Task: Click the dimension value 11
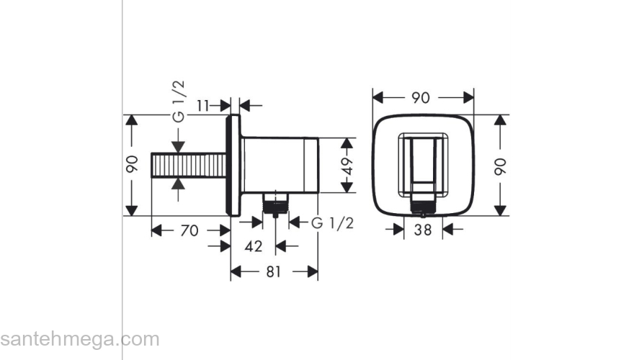tap(203, 106)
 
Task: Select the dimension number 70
tap(189, 230)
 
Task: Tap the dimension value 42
tap(254, 246)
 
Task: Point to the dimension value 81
tap(273, 272)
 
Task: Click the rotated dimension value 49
tap(347, 166)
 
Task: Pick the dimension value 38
tap(423, 230)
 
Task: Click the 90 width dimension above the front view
tap(421, 98)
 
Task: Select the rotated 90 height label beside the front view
tap(500, 166)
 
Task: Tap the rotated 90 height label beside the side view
tap(133, 164)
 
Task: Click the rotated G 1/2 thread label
tap(179, 102)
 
